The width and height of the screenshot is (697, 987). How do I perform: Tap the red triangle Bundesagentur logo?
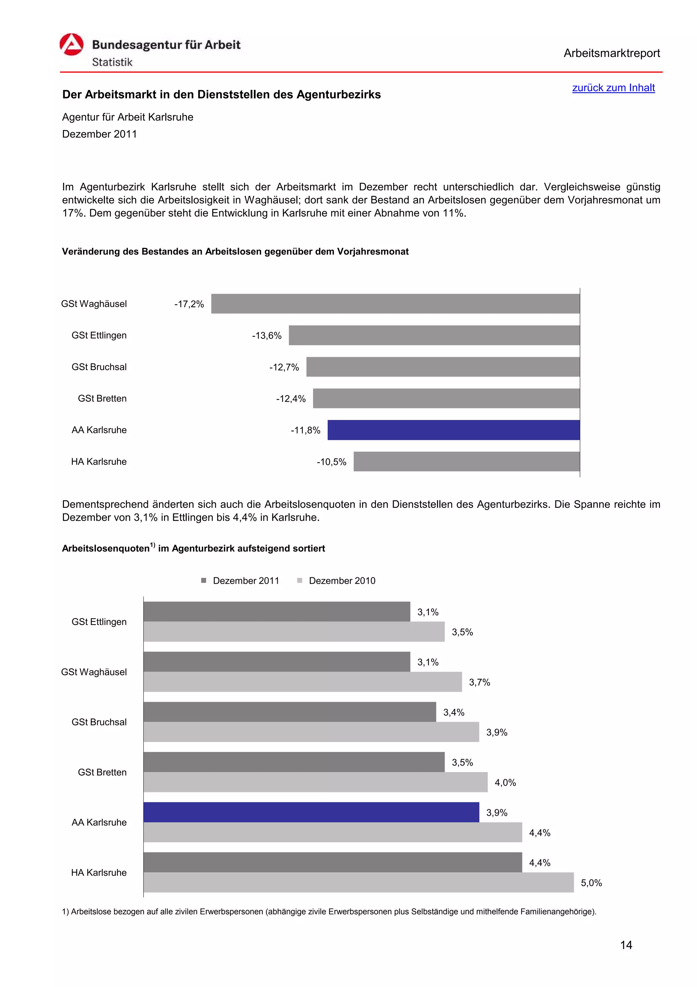[x=71, y=45]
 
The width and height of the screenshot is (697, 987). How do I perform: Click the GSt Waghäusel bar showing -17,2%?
[x=395, y=303]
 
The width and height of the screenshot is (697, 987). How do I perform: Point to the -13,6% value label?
[x=267, y=336]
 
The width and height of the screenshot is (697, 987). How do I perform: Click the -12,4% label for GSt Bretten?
[x=291, y=399]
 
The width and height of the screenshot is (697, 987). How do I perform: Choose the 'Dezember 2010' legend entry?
[x=336, y=581]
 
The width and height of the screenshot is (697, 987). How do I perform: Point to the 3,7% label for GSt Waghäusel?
[x=479, y=682]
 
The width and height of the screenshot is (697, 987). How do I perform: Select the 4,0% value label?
[x=505, y=782]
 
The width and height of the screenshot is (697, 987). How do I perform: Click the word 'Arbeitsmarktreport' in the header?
[x=612, y=53]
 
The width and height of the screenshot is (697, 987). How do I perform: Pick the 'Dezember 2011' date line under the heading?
[x=99, y=134]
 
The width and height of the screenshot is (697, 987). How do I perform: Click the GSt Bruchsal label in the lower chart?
[x=99, y=722]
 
